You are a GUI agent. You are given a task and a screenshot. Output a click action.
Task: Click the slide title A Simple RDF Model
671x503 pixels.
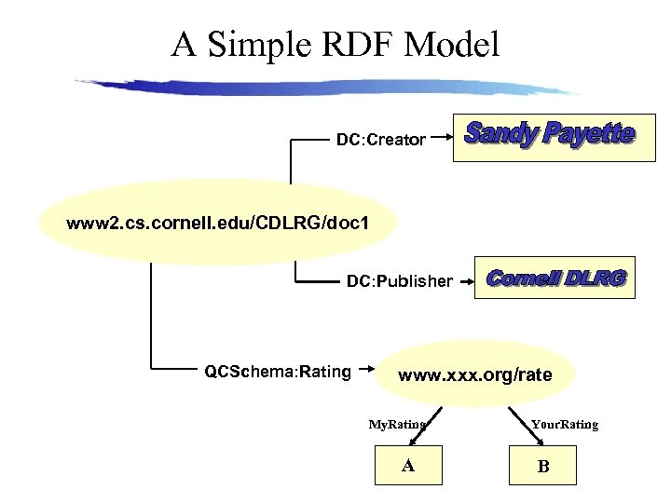[x=335, y=43]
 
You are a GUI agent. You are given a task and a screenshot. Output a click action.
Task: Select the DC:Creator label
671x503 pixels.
[x=380, y=141]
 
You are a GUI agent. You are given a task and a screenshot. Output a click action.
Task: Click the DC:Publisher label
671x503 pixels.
[x=400, y=280]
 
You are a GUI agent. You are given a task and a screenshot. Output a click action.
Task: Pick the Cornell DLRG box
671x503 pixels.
[x=555, y=278]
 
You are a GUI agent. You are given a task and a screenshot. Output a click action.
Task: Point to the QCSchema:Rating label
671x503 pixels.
[x=278, y=373]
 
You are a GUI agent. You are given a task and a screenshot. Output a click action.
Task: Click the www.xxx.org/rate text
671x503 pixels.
[x=475, y=375]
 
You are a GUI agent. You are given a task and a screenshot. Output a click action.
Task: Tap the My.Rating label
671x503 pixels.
[x=396, y=425]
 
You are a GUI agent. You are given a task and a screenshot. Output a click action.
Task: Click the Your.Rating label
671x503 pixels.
[x=565, y=425]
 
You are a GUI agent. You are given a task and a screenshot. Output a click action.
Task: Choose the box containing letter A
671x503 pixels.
[x=408, y=466]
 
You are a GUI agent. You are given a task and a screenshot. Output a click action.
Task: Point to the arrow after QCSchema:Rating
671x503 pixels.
[x=368, y=372]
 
